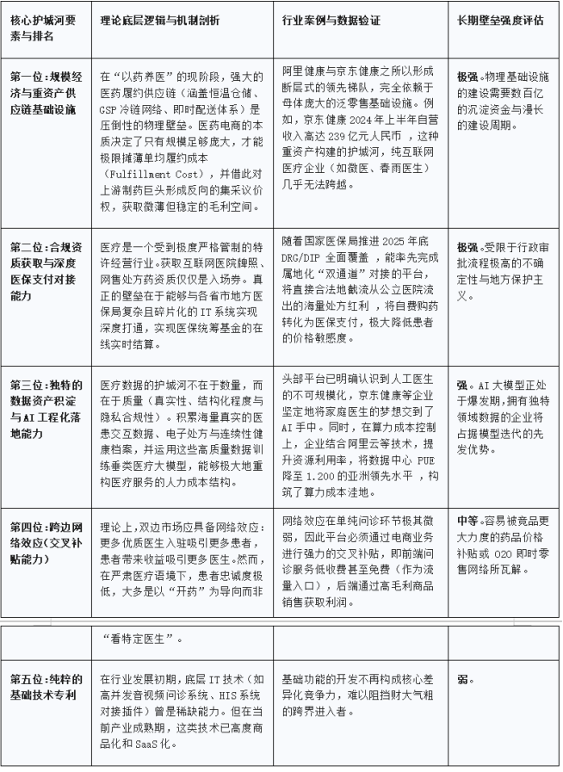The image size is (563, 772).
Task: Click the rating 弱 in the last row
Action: point(463,679)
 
